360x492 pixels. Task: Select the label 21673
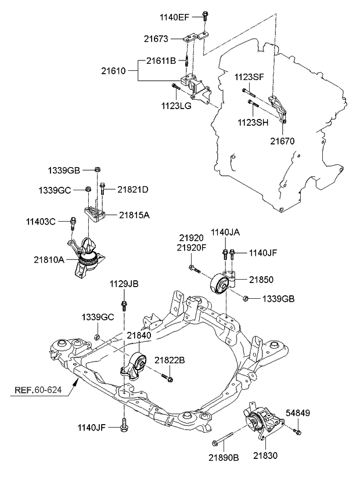click(156, 39)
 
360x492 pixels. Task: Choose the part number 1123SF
click(249, 77)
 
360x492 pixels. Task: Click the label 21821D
click(132, 189)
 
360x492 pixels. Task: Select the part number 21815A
click(135, 215)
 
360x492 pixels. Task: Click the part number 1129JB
click(124, 284)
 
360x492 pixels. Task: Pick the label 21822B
click(170, 360)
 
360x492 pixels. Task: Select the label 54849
click(298, 413)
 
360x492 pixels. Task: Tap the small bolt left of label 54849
click(297, 430)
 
